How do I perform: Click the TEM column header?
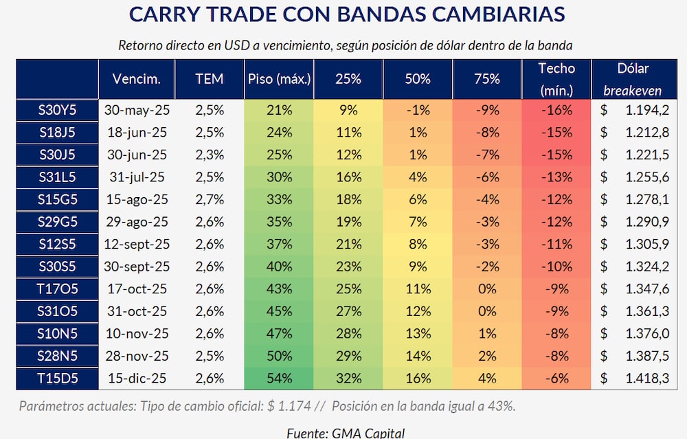coord(210,79)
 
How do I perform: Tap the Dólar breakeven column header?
coord(632,79)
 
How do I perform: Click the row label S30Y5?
coord(57,110)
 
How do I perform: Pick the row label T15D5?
coord(57,378)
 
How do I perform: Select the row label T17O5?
coord(57,289)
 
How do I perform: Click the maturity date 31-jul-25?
coord(137,177)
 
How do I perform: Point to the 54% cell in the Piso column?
coord(280,378)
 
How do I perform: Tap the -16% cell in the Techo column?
coord(556,110)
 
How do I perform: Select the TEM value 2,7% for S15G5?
coord(210,199)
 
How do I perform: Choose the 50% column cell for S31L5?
coord(418,177)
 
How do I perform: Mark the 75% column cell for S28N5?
coord(487,356)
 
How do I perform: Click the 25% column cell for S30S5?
coord(348,266)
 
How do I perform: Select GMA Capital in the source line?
coord(369,432)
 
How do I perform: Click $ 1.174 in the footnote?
coord(282,405)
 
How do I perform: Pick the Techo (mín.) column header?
coord(556,79)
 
